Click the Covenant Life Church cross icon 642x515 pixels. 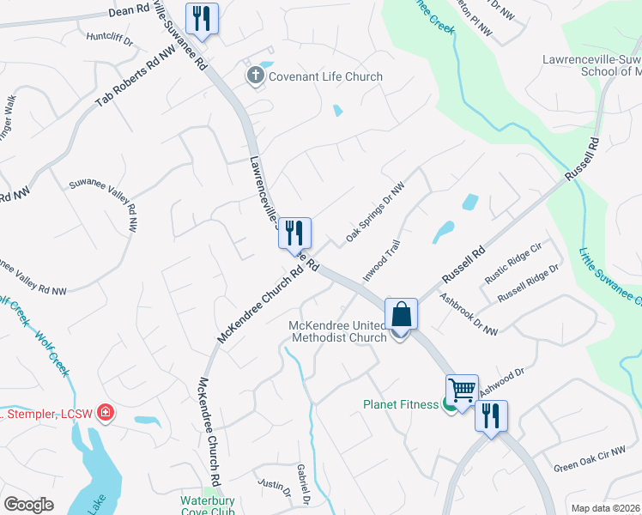[x=255, y=77]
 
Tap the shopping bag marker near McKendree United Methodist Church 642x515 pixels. [x=401, y=314]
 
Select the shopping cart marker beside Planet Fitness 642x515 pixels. [x=462, y=390]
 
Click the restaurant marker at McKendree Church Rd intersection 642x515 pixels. [x=294, y=232]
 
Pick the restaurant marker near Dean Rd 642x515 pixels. [x=202, y=18]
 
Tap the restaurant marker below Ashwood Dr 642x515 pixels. [x=491, y=416]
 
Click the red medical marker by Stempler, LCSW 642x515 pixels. [x=106, y=414]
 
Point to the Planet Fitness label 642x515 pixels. [x=401, y=404]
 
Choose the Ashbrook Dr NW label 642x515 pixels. [x=469, y=316]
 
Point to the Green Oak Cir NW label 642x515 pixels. [x=590, y=460]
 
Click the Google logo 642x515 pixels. [x=28, y=505]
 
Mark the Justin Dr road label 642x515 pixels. [x=276, y=486]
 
